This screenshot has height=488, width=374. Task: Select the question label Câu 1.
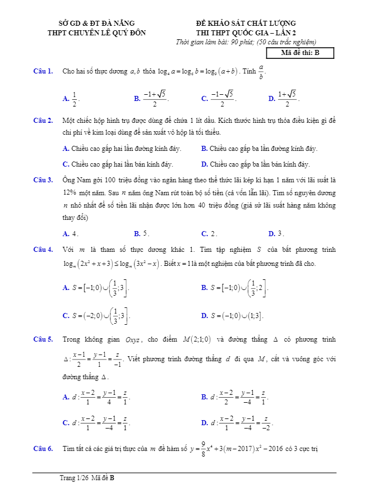click(43, 71)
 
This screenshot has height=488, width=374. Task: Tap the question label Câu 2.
click(43, 121)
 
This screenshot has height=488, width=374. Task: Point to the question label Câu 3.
click(43, 180)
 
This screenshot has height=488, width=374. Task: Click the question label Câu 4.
click(43, 249)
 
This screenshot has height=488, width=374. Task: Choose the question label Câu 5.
click(43, 339)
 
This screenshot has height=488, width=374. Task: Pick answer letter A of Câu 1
click(66, 99)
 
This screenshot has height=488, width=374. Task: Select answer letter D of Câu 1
click(271, 99)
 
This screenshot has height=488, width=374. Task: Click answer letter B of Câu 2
click(204, 149)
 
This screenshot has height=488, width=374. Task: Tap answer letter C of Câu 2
click(66, 164)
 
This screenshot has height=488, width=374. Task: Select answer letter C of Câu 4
click(66, 316)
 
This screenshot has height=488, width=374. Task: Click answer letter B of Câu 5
click(204, 397)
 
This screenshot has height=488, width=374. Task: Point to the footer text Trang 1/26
click(75, 478)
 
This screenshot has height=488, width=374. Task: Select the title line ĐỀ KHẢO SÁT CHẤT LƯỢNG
click(246, 24)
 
